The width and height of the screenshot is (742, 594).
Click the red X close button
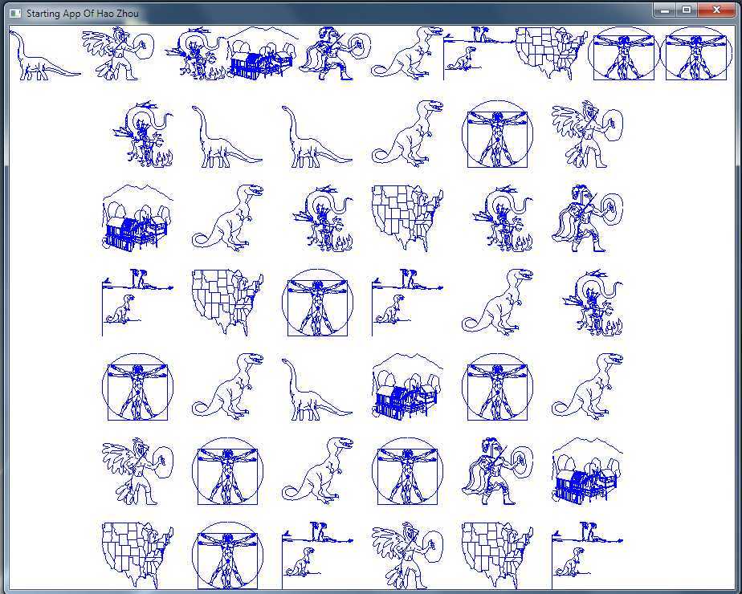[716, 10]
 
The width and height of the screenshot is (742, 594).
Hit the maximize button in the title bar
[687, 10]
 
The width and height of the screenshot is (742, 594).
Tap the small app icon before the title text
[15, 13]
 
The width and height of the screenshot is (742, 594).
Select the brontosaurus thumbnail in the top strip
[45, 55]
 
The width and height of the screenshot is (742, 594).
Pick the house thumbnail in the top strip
[263, 53]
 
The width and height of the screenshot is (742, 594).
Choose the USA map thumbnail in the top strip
[551, 53]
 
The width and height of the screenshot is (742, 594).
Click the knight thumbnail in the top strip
[335, 53]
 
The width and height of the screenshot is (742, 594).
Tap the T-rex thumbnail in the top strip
[407, 52]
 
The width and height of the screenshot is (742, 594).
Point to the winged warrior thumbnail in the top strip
[118, 53]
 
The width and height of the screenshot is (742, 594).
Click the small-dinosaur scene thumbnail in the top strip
[479, 53]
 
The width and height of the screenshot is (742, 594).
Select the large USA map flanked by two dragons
[407, 218]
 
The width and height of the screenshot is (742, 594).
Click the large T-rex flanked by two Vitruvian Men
[317, 471]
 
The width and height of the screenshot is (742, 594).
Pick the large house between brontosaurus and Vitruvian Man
[407, 386]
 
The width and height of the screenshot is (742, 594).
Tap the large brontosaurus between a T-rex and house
[317, 389]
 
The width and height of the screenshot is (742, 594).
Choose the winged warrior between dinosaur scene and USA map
[407, 555]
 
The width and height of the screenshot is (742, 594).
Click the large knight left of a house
[497, 471]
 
